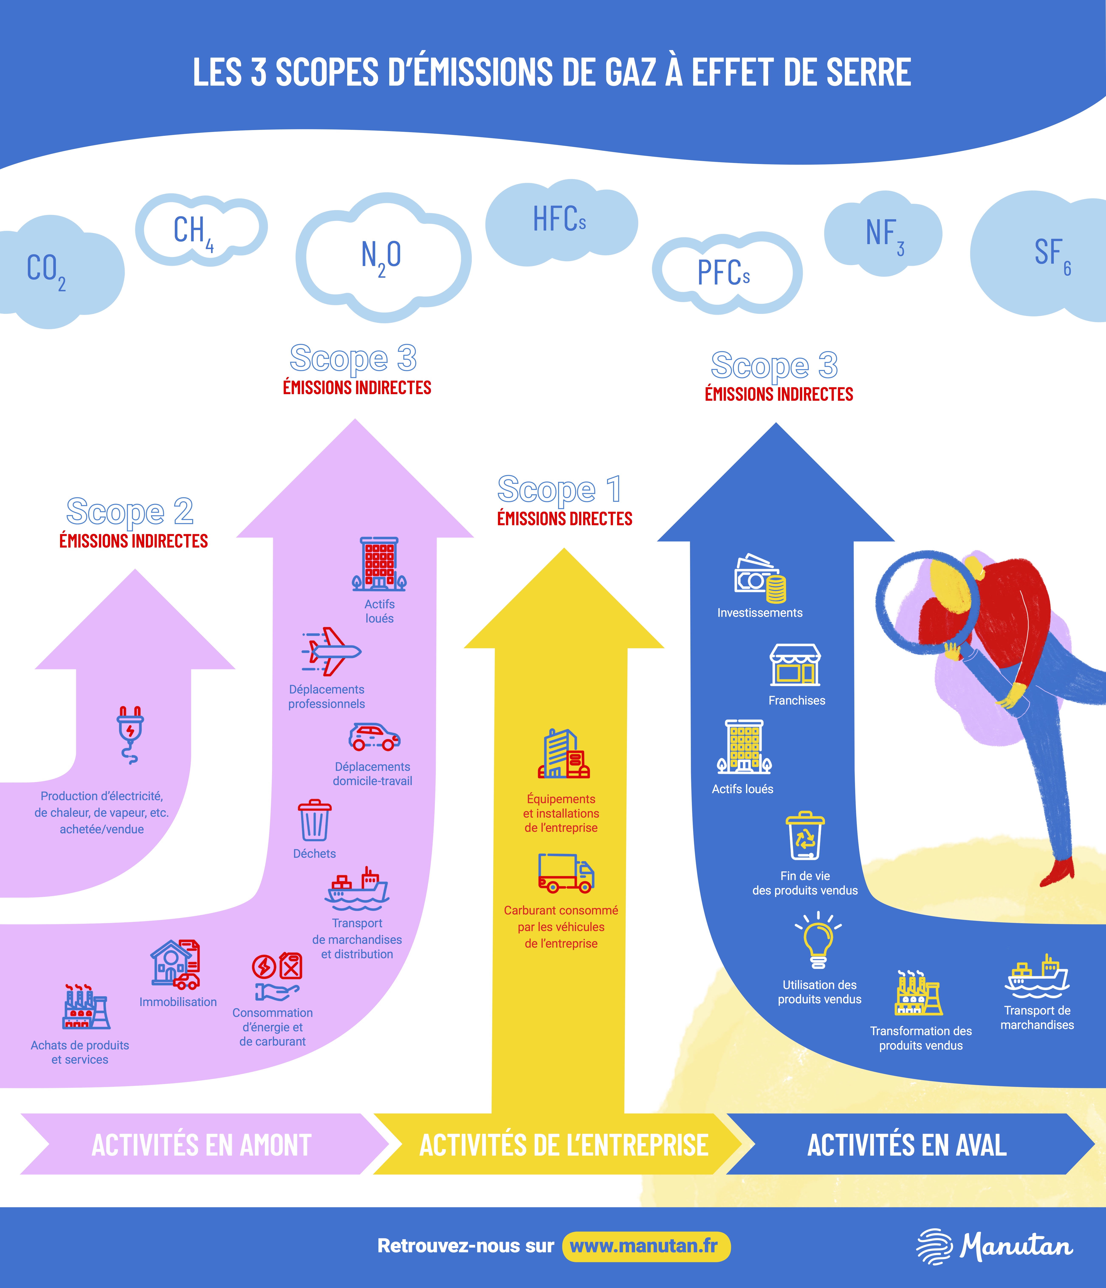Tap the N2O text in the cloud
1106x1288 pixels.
(x=381, y=257)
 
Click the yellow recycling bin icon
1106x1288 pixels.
(x=805, y=836)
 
